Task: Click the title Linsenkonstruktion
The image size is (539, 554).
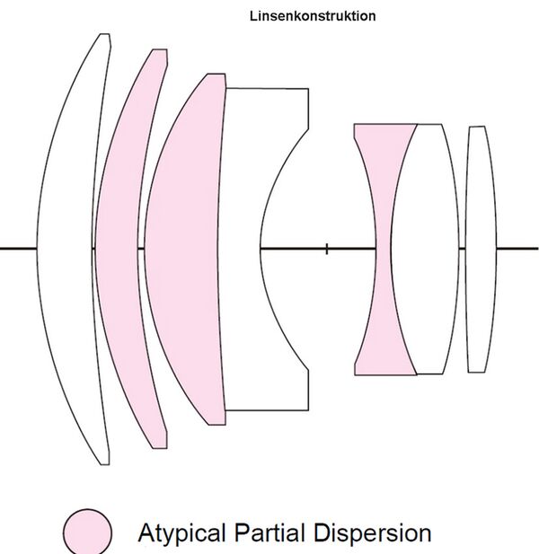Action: pos(313,16)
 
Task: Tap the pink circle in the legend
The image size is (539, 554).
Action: pos(87,532)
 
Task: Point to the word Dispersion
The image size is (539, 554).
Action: pos(374,532)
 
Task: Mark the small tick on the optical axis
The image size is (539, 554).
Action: pos(326,248)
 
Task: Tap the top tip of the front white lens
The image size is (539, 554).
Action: pos(105,36)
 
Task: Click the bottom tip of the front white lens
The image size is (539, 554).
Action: pos(105,462)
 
